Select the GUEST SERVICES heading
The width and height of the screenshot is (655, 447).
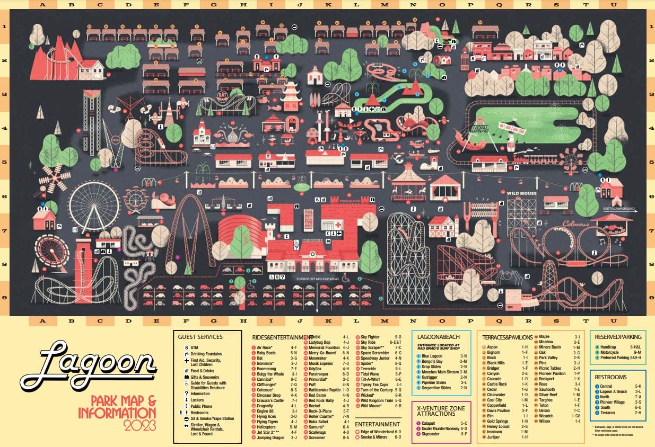point(200,336)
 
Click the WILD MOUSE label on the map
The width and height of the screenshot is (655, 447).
point(522,193)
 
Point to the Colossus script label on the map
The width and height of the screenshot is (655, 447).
point(577,223)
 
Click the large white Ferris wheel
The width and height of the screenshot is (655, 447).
point(94,207)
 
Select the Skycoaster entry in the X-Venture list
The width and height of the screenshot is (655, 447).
point(434,433)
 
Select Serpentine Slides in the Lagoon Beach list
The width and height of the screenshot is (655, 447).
point(438,388)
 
